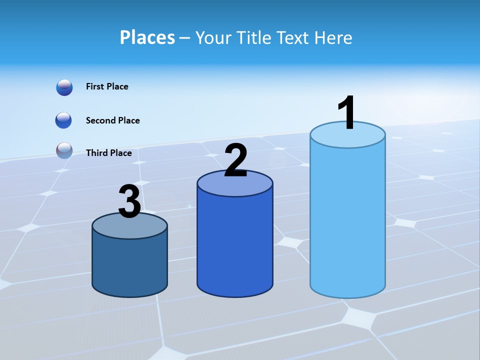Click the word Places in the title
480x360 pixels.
point(147,37)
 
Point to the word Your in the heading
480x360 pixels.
point(213,37)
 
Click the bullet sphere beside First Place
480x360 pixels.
point(64,87)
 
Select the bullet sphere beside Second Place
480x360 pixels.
point(64,120)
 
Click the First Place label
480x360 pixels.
point(107,86)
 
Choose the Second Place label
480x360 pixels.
point(112,120)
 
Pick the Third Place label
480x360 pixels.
point(108,153)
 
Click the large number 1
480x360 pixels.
point(346,113)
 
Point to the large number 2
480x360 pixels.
point(235,160)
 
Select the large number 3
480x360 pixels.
point(129,202)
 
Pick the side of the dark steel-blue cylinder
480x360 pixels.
point(129,265)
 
